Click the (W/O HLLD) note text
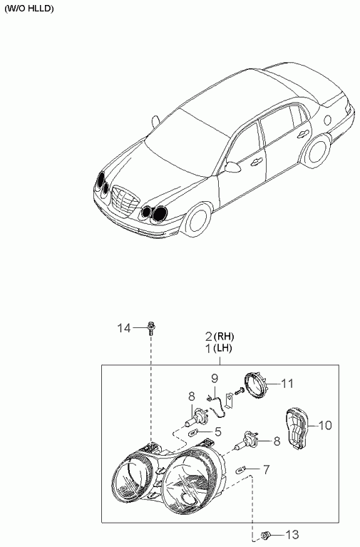[x=29, y=9]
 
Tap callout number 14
[x=124, y=328]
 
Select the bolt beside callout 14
[x=151, y=327]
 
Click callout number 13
[x=292, y=534]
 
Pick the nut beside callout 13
[x=266, y=534]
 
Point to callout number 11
[x=287, y=384]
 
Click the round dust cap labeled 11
[x=254, y=386]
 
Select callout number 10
[x=325, y=425]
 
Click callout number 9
[x=215, y=378]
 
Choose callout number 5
[x=218, y=432]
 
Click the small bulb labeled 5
[x=193, y=434]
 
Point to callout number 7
[x=267, y=469]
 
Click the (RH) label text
[x=224, y=337]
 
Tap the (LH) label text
[x=222, y=348]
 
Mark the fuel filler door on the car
[x=327, y=120]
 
